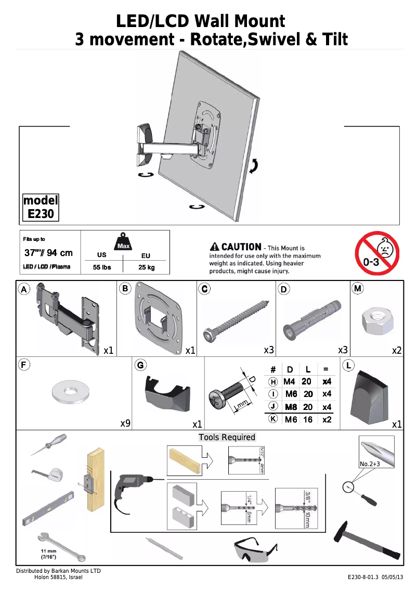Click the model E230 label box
pos(41,207)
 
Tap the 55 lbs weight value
pos(102,267)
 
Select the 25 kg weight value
pos(146,267)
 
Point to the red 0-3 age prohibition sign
pos(377,253)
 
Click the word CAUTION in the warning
pos(241,247)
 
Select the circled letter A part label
pos(24,289)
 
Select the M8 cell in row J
pos(291,407)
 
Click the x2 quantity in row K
pos(327,419)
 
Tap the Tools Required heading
pos(227,437)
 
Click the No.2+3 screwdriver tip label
pos(371,464)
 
